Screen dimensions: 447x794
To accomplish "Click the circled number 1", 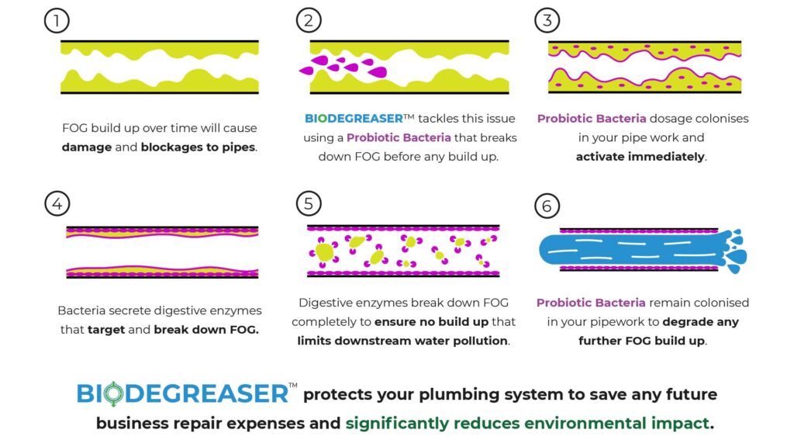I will point(57,21).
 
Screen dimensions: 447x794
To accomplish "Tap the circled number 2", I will point(309,21).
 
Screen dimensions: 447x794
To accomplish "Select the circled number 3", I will point(547,21).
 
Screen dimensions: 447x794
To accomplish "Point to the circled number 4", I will point(57,204).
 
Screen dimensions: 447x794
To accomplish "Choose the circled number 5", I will point(309,204).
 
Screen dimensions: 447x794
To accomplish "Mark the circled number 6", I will point(547,206).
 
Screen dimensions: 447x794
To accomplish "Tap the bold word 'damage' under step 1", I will point(87,147).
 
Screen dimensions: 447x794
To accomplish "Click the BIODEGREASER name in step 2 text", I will point(354,119).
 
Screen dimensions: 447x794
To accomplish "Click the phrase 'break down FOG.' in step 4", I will point(206,329).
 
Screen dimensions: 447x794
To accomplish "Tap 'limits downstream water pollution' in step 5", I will point(403,341).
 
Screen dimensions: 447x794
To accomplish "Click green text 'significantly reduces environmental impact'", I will point(527,424).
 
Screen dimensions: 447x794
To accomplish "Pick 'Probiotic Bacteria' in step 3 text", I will point(589,119).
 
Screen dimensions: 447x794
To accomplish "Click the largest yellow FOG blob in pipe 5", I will point(325,251).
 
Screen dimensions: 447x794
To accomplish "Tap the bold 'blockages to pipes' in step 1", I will point(198,147).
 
